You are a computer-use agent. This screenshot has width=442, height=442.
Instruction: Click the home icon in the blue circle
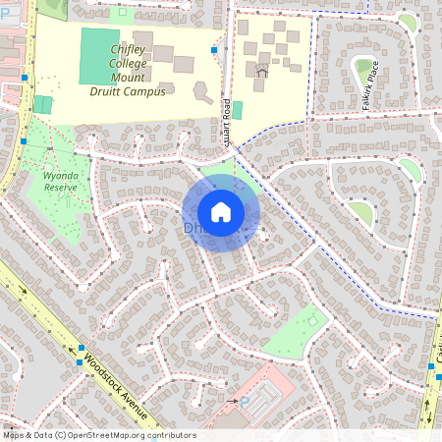point(221,212)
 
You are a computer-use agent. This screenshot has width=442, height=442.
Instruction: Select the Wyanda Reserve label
point(61,182)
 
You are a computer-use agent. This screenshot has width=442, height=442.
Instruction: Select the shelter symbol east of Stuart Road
point(262,71)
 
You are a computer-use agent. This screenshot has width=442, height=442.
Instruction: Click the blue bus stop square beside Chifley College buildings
point(213,49)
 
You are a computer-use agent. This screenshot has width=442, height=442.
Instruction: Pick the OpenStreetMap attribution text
point(98,435)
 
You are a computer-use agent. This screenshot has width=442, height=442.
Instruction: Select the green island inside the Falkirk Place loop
point(364,69)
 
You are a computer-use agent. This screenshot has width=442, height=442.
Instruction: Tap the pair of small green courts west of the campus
point(42,104)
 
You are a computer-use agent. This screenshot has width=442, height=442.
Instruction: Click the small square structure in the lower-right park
point(314,319)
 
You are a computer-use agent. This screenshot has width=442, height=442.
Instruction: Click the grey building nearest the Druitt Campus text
point(203,94)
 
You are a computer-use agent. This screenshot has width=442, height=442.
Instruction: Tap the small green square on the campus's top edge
point(122,14)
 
